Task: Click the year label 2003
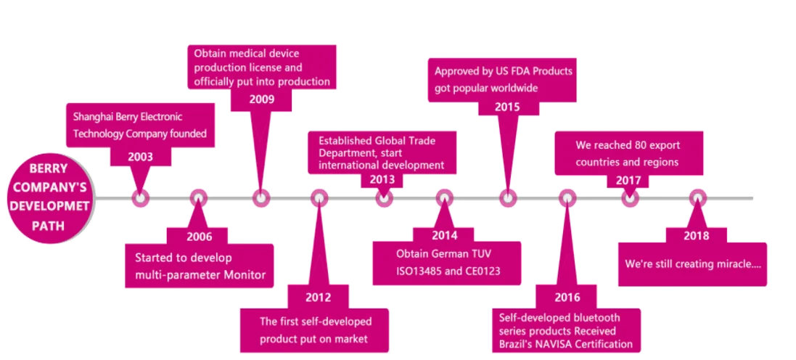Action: point(140,156)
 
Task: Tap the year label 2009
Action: point(261,99)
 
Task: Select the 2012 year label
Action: point(318,298)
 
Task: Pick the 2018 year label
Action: point(697,236)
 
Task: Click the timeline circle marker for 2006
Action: point(199,198)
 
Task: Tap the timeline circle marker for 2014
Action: point(444,198)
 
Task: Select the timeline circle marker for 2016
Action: point(567,198)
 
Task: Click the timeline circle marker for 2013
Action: point(384,198)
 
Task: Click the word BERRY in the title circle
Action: point(48,169)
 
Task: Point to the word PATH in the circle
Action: point(48,226)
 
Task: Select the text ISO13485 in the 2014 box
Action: point(418,271)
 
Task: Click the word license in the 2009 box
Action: point(286,67)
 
